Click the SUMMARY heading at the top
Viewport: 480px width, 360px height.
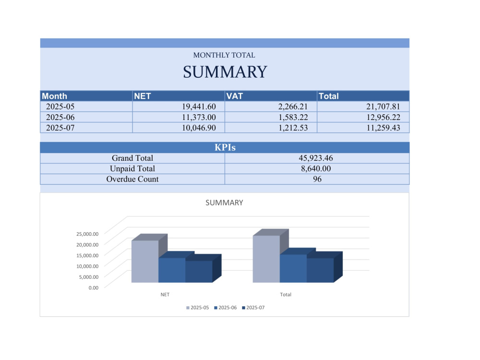coord(225,72)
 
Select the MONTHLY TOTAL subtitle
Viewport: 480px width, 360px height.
coord(224,55)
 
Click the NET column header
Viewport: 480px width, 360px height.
coord(143,96)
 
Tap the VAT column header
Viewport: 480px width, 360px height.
coord(235,96)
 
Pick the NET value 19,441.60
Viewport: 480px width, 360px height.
coord(199,107)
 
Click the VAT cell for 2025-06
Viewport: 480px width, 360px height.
coord(293,117)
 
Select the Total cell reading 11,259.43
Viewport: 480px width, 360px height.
coord(383,128)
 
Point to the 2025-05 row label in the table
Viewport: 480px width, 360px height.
coord(60,107)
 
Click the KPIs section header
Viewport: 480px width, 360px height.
coord(225,147)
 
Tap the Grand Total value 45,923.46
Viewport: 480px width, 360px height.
coord(316,158)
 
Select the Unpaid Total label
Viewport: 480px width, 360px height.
coord(132,168)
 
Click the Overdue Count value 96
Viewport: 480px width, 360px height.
coord(317,179)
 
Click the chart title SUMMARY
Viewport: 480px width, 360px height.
coord(224,203)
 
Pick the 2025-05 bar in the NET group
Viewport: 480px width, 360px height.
coord(145,262)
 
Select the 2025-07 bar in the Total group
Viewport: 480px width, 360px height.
coord(320,270)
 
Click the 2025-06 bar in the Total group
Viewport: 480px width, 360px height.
coord(293,268)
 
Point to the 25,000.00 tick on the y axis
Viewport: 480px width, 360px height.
coord(87,234)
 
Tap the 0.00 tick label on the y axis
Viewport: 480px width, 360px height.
coord(94,288)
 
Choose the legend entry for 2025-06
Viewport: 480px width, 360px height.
coord(225,308)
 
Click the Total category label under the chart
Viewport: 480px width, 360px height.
coord(285,295)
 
